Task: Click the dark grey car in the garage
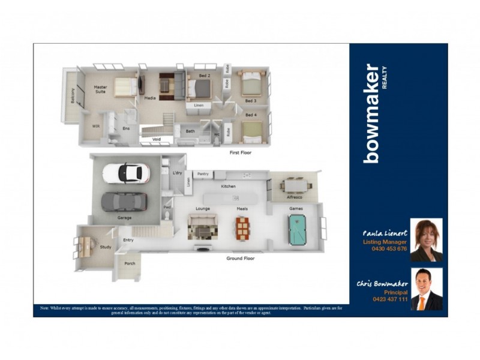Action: [x=124, y=202]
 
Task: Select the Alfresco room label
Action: [x=294, y=197]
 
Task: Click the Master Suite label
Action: [x=100, y=89]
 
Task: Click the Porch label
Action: [x=130, y=263]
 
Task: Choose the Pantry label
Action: [x=203, y=174]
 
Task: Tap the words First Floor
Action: [x=241, y=153]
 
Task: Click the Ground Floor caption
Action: [x=240, y=259]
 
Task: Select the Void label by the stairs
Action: [x=157, y=139]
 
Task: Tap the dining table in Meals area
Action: [x=242, y=227]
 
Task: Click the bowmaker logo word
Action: [x=372, y=113]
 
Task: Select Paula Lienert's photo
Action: [x=426, y=240]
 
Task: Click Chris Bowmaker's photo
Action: [x=427, y=289]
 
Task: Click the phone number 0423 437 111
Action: [x=390, y=299]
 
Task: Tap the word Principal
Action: [x=395, y=292]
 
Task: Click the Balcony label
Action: [x=73, y=96]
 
